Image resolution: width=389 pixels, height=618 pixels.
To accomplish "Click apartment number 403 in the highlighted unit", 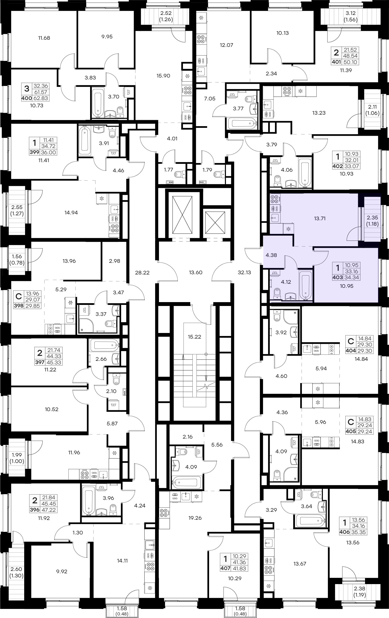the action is pyautogui.click(x=338, y=277).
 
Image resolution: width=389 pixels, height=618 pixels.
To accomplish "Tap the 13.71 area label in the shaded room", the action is pyautogui.click(x=320, y=218).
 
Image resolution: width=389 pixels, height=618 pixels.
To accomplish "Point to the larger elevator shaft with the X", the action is pyautogui.click(x=182, y=215).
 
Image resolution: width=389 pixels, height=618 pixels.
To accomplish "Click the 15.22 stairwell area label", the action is pyautogui.click(x=194, y=337).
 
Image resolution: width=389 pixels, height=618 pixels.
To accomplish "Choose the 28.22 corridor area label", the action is pyautogui.click(x=142, y=273).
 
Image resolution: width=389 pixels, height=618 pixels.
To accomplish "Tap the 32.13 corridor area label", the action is pyautogui.click(x=244, y=272).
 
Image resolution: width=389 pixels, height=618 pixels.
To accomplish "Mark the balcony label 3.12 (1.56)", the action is pyautogui.click(x=351, y=16).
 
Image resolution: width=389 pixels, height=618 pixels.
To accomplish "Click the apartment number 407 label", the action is pyautogui.click(x=225, y=569).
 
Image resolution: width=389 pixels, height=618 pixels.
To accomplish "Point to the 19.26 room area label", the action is pyautogui.click(x=195, y=518).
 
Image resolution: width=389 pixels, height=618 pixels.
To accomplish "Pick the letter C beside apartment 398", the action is pyautogui.click(x=19, y=296).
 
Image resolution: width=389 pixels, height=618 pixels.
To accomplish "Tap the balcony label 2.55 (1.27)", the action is pyautogui.click(x=17, y=210).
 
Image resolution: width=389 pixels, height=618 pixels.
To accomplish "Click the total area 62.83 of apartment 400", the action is pyautogui.click(x=41, y=98).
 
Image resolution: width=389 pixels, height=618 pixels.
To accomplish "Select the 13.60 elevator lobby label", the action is pyautogui.click(x=196, y=272).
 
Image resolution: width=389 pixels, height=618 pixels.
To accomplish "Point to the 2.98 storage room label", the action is pyautogui.click(x=114, y=261).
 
